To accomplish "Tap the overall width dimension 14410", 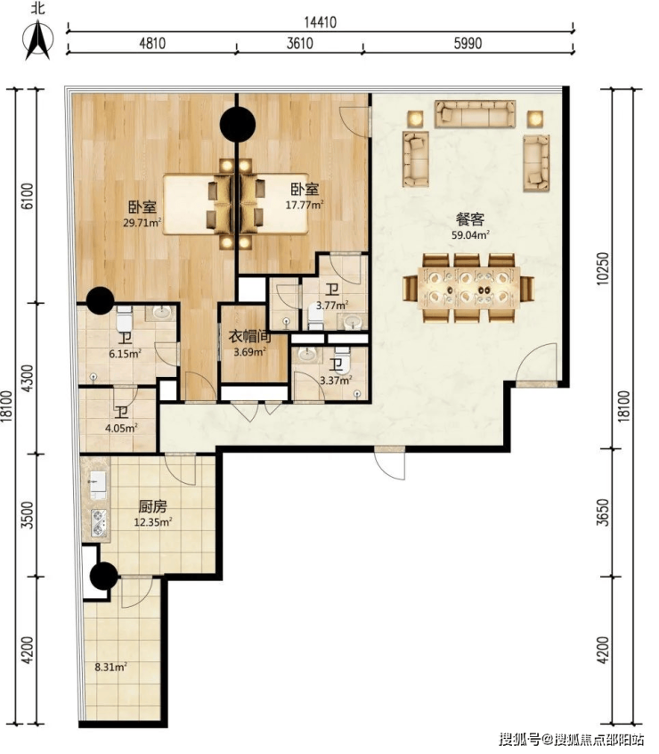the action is pyautogui.click(x=321, y=22).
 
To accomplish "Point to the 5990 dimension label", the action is pyautogui.click(x=468, y=44).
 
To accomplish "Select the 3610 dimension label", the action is pyautogui.click(x=300, y=44).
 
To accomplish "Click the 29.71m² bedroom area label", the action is pyautogui.click(x=142, y=223).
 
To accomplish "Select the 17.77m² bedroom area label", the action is pyautogui.click(x=305, y=205).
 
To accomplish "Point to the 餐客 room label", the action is pyautogui.click(x=470, y=220).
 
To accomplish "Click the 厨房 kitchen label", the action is pyautogui.click(x=153, y=507).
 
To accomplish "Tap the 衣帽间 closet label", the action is pyautogui.click(x=249, y=337).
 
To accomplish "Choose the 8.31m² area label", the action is pyautogui.click(x=111, y=667).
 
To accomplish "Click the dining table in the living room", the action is pyautogui.click(x=468, y=288).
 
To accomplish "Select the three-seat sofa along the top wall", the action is pyautogui.click(x=475, y=114).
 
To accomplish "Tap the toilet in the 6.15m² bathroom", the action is pyautogui.click(x=124, y=318).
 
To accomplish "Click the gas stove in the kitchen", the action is pyautogui.click(x=99, y=522).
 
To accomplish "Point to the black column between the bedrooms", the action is pyautogui.click(x=237, y=124).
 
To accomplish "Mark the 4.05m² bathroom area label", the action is pyautogui.click(x=121, y=428).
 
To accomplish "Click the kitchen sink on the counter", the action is pyautogui.click(x=98, y=481).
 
